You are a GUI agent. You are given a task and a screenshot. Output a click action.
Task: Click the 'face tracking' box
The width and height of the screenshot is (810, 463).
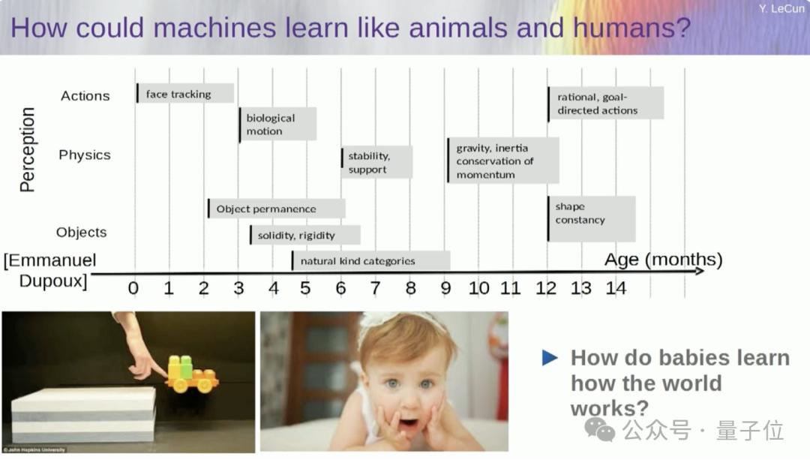click(x=185, y=94)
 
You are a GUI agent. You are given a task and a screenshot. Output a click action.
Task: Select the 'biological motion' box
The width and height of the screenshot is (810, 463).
click(x=278, y=124)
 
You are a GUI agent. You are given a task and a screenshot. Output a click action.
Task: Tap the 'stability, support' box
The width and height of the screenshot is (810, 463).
click(x=376, y=162)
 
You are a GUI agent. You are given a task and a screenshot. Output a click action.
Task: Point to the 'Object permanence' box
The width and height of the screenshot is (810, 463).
click(x=276, y=209)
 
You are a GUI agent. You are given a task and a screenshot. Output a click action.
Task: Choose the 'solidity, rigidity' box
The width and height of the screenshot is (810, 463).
click(x=304, y=235)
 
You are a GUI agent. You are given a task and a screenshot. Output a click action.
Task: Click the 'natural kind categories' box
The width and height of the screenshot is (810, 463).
click(x=371, y=261)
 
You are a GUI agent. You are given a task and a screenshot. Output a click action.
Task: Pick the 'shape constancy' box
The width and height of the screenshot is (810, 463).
click(x=592, y=218)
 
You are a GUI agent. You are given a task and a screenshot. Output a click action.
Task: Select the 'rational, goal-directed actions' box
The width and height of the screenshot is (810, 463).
click(x=606, y=104)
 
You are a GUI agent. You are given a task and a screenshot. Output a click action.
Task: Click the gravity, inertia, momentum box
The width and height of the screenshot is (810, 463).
click(x=503, y=160)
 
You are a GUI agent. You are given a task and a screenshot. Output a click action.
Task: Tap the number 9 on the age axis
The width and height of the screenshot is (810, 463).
click(x=445, y=288)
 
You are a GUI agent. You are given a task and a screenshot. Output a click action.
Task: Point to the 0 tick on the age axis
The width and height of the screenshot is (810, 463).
click(x=133, y=288)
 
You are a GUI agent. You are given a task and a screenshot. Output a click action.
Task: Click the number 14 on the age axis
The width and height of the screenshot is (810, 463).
click(x=616, y=288)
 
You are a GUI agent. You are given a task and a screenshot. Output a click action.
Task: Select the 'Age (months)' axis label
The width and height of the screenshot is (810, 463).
click(x=663, y=260)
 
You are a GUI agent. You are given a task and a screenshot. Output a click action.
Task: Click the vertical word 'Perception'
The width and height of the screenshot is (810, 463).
click(x=27, y=149)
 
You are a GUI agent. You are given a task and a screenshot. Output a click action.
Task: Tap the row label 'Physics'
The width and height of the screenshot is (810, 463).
click(x=85, y=155)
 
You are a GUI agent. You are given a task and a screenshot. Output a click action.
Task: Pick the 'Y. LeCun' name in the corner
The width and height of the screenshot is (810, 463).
click(x=781, y=8)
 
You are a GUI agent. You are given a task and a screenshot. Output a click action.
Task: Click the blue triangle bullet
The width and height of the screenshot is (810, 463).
click(x=550, y=357)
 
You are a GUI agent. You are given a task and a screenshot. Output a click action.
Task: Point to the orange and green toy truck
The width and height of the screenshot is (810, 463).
click(x=192, y=374)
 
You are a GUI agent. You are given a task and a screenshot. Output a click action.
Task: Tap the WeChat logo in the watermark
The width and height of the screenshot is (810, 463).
click(x=599, y=430)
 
